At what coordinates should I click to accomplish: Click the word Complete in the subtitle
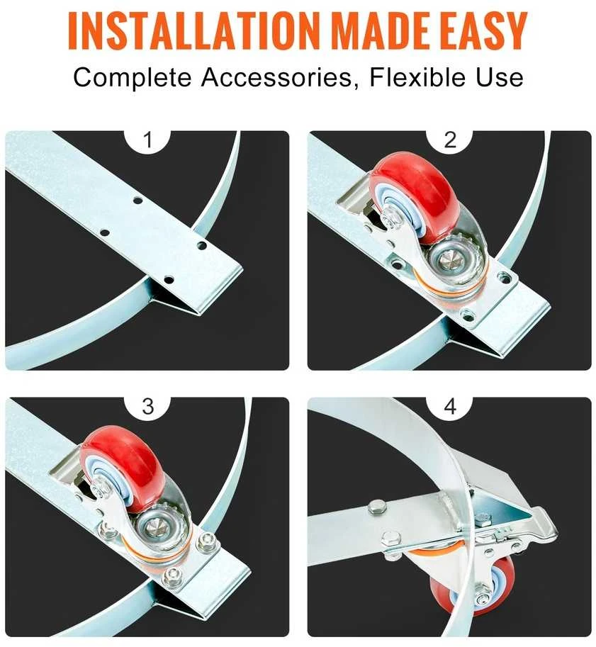(132, 78)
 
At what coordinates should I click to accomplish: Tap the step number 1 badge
(148, 140)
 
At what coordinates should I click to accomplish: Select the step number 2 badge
(450, 140)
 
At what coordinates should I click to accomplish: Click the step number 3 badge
(148, 407)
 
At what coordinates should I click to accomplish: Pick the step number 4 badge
(450, 407)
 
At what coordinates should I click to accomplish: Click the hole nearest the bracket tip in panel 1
(169, 280)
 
